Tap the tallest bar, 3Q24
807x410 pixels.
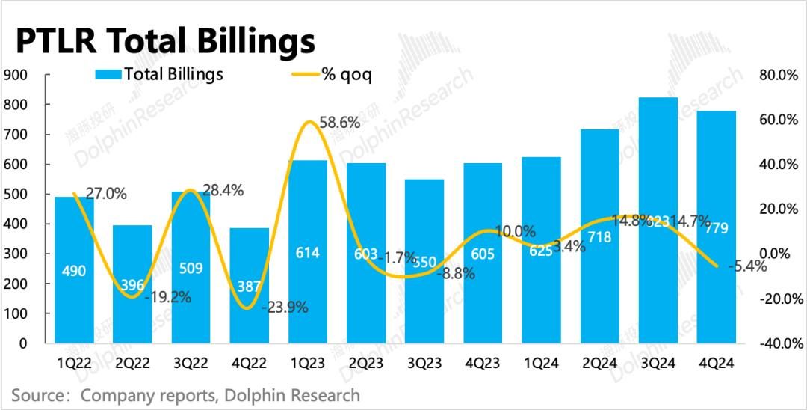658,224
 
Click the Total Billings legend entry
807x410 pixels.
159,74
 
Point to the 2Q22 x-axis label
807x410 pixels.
133,363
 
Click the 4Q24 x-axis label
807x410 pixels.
716,363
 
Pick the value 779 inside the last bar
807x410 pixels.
716,228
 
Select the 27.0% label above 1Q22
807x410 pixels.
106,194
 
